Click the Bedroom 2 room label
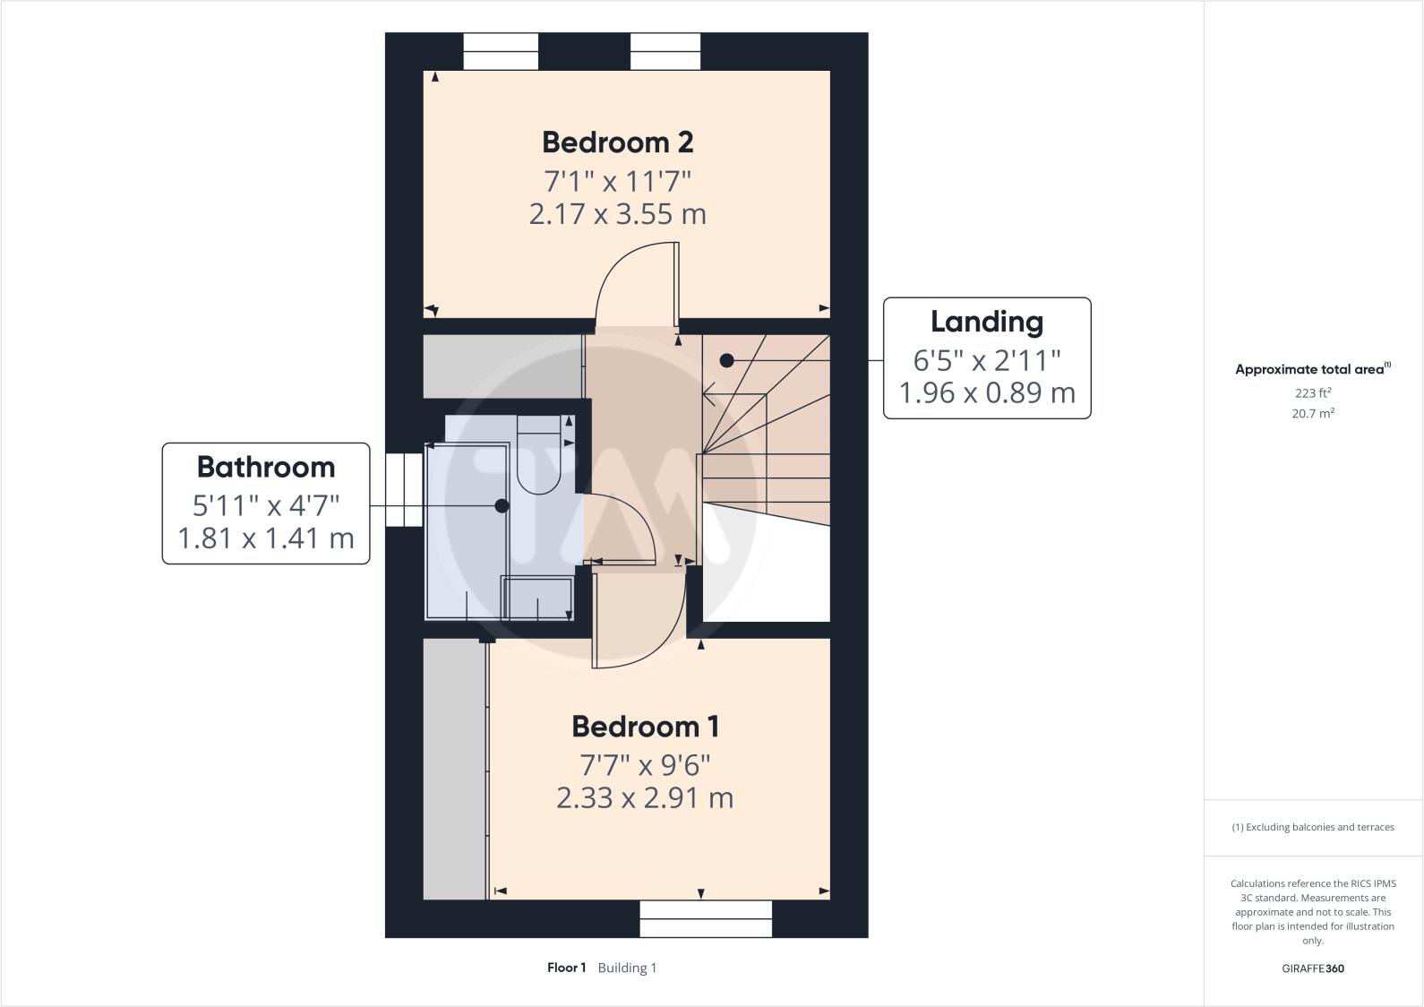point(617,142)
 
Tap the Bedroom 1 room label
point(645,727)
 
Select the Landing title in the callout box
point(986,322)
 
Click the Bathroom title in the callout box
point(265,467)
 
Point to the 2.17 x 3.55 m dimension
point(617,214)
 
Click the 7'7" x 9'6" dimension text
point(645,765)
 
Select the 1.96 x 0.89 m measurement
point(986,392)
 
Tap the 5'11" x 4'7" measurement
point(265,505)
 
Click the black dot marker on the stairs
point(727,360)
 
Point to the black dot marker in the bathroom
point(502,506)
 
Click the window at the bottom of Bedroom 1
point(706,918)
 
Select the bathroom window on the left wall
point(404,490)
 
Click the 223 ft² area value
point(1312,392)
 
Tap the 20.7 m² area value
point(1314,413)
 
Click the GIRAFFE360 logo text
point(1312,968)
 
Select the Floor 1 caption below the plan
point(566,968)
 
